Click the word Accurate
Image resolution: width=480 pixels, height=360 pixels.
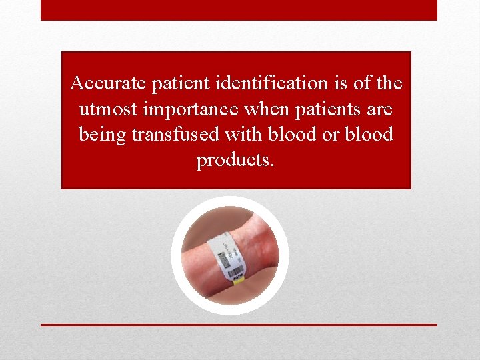108,83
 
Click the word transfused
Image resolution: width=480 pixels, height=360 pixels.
176,134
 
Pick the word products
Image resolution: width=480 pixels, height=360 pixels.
235,160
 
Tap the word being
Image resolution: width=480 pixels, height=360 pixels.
102,135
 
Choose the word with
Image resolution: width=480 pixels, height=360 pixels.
244,134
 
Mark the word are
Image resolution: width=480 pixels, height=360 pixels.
379,109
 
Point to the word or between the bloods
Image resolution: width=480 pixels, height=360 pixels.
330,135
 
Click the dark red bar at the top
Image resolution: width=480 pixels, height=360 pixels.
239,10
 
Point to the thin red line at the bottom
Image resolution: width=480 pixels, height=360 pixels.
239,325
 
